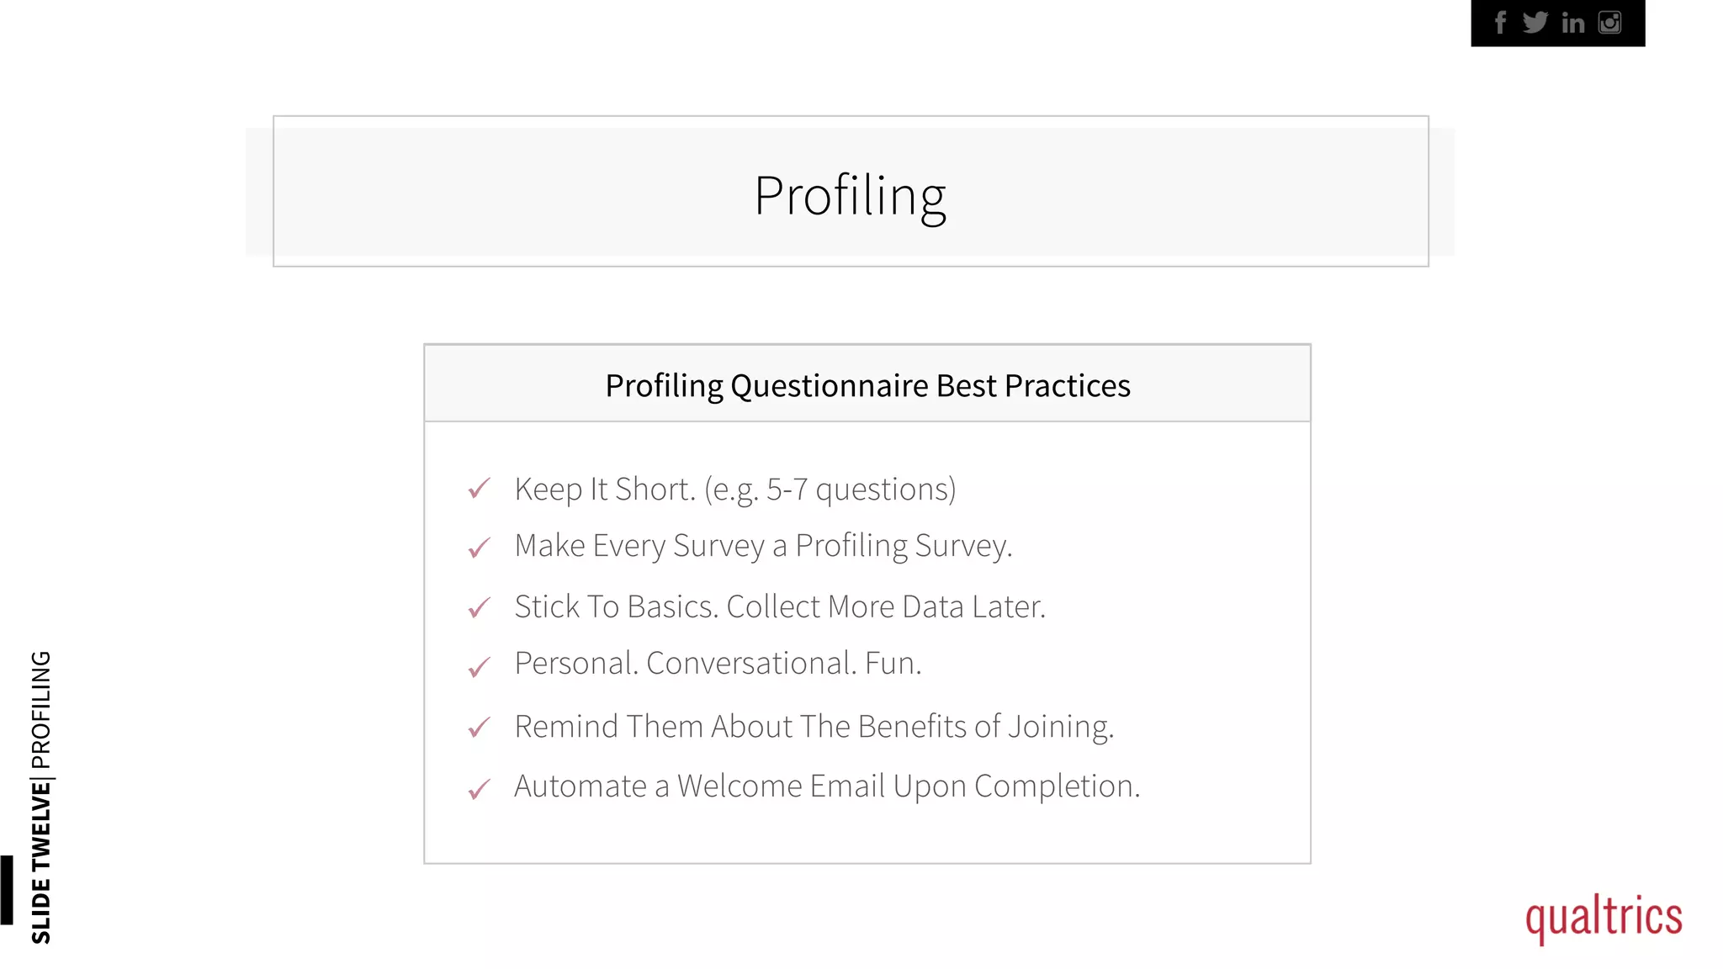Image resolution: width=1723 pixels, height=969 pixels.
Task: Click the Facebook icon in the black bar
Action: pyautogui.click(x=1500, y=23)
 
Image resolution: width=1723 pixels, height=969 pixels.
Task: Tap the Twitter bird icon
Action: pyautogui.click(x=1535, y=23)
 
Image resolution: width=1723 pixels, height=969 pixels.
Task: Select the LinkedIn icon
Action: pyautogui.click(x=1572, y=23)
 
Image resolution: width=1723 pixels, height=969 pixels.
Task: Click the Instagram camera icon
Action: pyautogui.click(x=1609, y=23)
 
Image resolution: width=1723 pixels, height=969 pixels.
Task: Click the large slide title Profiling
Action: pyautogui.click(x=850, y=196)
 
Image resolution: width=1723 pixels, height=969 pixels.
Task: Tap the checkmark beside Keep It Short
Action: pyautogui.click(x=479, y=489)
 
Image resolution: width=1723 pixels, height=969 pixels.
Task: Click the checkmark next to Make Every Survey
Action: pyautogui.click(x=479, y=548)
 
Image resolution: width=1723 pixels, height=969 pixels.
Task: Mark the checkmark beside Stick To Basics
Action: pyautogui.click(x=479, y=607)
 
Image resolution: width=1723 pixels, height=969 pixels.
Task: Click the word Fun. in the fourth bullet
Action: pyautogui.click(x=893, y=664)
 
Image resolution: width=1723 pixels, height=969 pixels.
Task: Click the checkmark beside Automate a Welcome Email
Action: pyautogui.click(x=479, y=789)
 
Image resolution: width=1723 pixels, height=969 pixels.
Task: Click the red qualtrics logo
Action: pyautogui.click(x=1604, y=917)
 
